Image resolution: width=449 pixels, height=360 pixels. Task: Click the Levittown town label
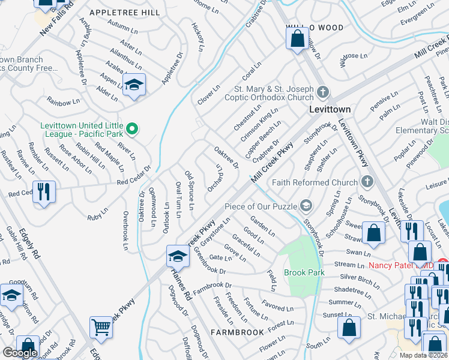point(329,110)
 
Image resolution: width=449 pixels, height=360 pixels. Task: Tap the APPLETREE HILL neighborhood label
point(124,13)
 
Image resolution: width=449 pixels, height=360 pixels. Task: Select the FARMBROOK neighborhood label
point(235,332)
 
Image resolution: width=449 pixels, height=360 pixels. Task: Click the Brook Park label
point(304,272)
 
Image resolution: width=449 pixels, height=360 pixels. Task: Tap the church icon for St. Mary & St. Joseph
point(324,92)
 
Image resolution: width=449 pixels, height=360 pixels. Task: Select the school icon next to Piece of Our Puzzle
point(306,206)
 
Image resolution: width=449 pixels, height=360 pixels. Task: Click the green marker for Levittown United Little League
point(135,128)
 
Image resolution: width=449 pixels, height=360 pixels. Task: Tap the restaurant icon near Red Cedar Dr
point(44,192)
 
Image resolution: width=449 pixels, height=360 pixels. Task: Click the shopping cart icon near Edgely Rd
point(101,328)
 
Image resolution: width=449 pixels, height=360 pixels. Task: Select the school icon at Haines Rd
point(178,256)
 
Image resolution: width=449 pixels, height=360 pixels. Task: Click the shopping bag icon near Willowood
point(297,40)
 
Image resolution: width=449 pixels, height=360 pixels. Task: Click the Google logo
point(20,352)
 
